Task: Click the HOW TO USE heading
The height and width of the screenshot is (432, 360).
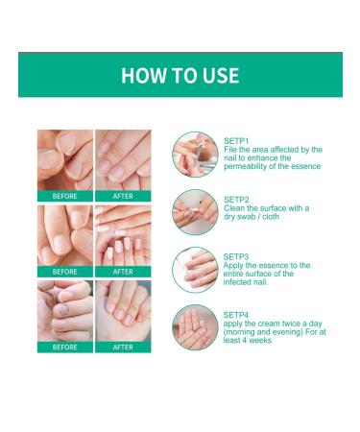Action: pos(180,75)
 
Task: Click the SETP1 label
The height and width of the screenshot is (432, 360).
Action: pos(236,140)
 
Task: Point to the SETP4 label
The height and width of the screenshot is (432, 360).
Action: pos(236,314)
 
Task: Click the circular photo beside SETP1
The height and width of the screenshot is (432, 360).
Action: pos(195,155)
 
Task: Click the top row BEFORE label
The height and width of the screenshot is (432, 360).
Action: pos(65,197)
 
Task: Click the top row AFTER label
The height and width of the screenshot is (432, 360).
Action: pos(123,197)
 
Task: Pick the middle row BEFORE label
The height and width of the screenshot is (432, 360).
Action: pos(65,272)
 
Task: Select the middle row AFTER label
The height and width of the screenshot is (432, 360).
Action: pos(123,272)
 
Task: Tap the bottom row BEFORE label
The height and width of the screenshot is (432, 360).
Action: pos(65,347)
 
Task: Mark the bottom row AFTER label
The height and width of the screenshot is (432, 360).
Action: pos(123,347)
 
